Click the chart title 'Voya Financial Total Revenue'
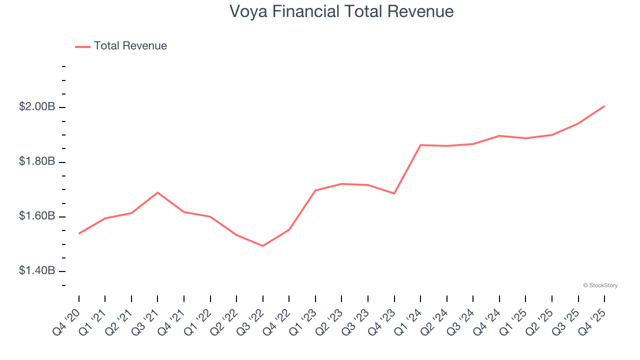[x=341, y=11]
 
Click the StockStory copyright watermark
[x=600, y=285]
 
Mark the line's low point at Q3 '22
[x=263, y=246]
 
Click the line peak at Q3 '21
[x=158, y=192]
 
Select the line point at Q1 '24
[x=420, y=145]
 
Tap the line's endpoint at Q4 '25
[x=604, y=106]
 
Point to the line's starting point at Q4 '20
[x=79, y=233]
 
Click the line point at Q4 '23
[x=394, y=193]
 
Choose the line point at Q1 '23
[x=315, y=190]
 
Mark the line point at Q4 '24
[x=499, y=135]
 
